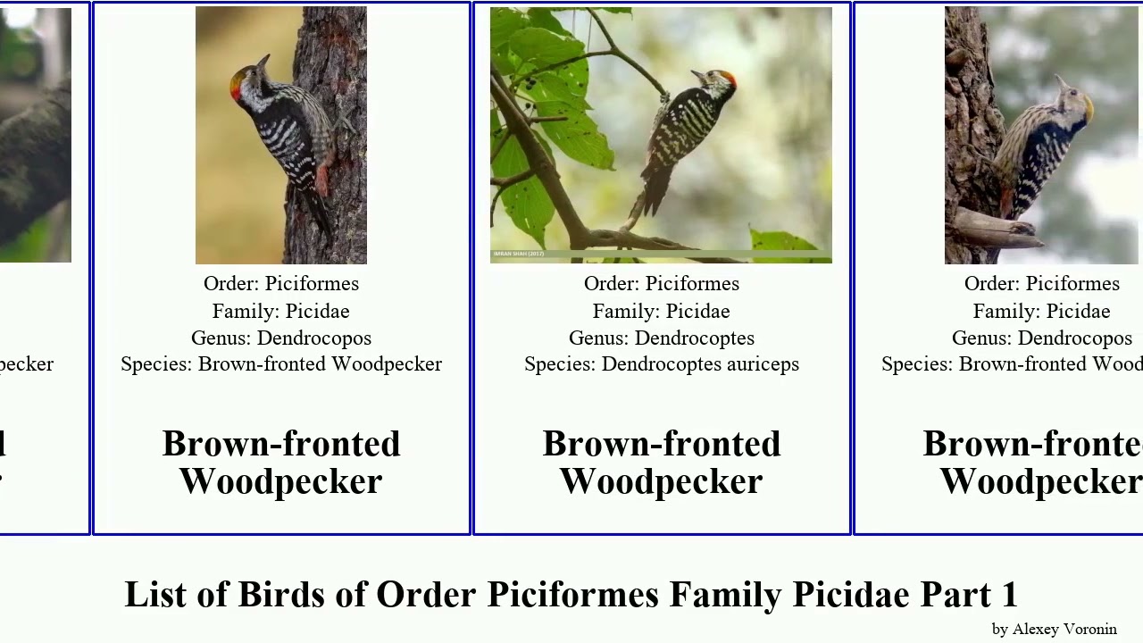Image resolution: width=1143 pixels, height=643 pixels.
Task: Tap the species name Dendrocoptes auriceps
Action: click(x=699, y=364)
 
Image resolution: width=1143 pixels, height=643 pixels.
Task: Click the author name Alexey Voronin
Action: click(x=1064, y=630)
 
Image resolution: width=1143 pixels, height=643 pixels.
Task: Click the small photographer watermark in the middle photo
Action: click(x=518, y=255)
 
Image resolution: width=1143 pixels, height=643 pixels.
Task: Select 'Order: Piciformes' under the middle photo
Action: click(x=662, y=284)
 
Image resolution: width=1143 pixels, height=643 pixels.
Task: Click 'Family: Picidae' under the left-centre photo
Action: click(x=281, y=312)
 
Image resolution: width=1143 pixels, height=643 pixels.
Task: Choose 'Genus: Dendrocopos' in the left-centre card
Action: click(x=281, y=338)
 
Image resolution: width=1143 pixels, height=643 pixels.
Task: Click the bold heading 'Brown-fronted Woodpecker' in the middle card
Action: click(x=662, y=463)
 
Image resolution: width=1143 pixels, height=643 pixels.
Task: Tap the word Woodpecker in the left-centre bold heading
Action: click(x=281, y=482)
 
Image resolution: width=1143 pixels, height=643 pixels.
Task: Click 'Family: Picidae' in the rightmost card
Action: click(x=1041, y=312)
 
